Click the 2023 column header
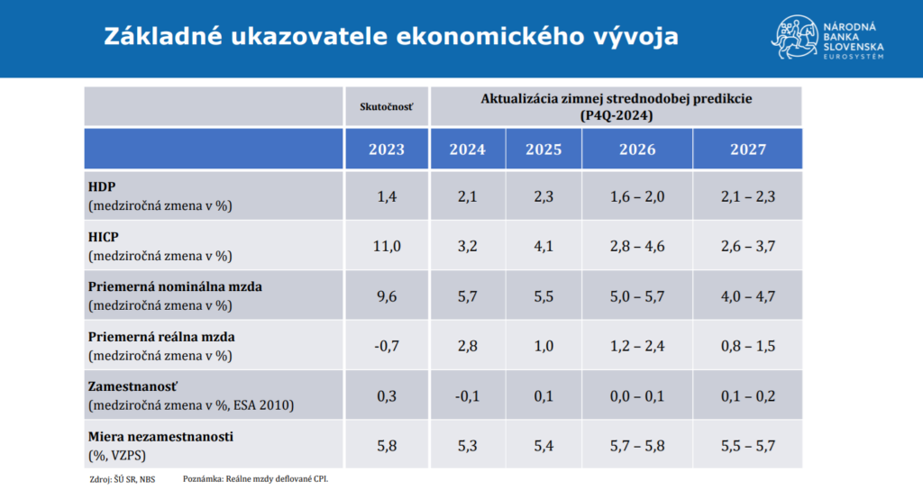coord(386,150)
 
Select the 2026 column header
coord(637,150)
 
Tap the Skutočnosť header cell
coord(386,106)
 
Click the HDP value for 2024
coord(467,195)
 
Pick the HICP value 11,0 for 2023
coord(386,245)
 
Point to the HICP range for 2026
coord(637,245)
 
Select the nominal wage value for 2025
coord(543,295)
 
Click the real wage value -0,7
coord(386,346)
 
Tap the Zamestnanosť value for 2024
coord(467,395)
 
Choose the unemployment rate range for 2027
coord(747,446)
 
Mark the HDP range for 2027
coord(747,195)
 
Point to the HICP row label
coord(105,236)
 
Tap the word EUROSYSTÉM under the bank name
coord(854,57)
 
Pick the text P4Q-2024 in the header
coord(617,115)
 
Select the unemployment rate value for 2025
coord(543,446)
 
